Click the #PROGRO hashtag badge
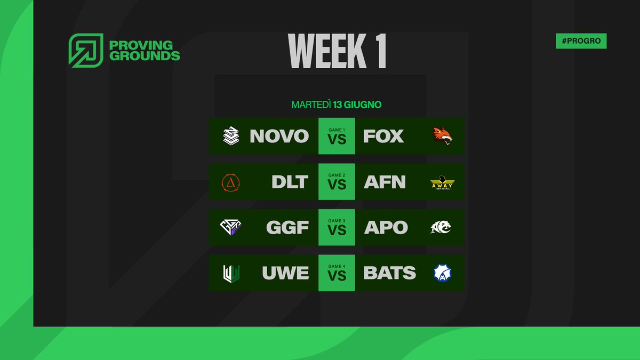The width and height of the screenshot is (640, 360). pos(581,41)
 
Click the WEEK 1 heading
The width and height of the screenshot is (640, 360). pos(337,52)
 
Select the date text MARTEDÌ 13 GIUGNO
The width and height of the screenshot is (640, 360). pos(336,105)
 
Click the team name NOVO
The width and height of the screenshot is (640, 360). pos(279,137)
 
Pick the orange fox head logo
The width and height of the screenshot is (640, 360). pos(443,137)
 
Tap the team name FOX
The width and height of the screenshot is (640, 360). pos(383,137)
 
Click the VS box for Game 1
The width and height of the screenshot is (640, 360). pos(337,137)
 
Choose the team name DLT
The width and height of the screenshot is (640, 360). pos(290,182)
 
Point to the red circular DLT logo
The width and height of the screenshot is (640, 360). pos(231,182)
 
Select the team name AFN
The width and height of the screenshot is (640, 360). pos(385,182)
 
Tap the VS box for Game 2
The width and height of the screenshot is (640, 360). pos(337,182)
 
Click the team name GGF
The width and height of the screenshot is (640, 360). pos(287,228)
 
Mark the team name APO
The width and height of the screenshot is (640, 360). pos(386,228)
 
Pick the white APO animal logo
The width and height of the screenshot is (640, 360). pos(441,228)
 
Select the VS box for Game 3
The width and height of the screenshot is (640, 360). pos(337,228)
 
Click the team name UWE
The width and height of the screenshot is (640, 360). pos(285,273)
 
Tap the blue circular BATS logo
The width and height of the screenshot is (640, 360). pos(443,273)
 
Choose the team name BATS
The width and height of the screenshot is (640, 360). pos(389,273)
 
